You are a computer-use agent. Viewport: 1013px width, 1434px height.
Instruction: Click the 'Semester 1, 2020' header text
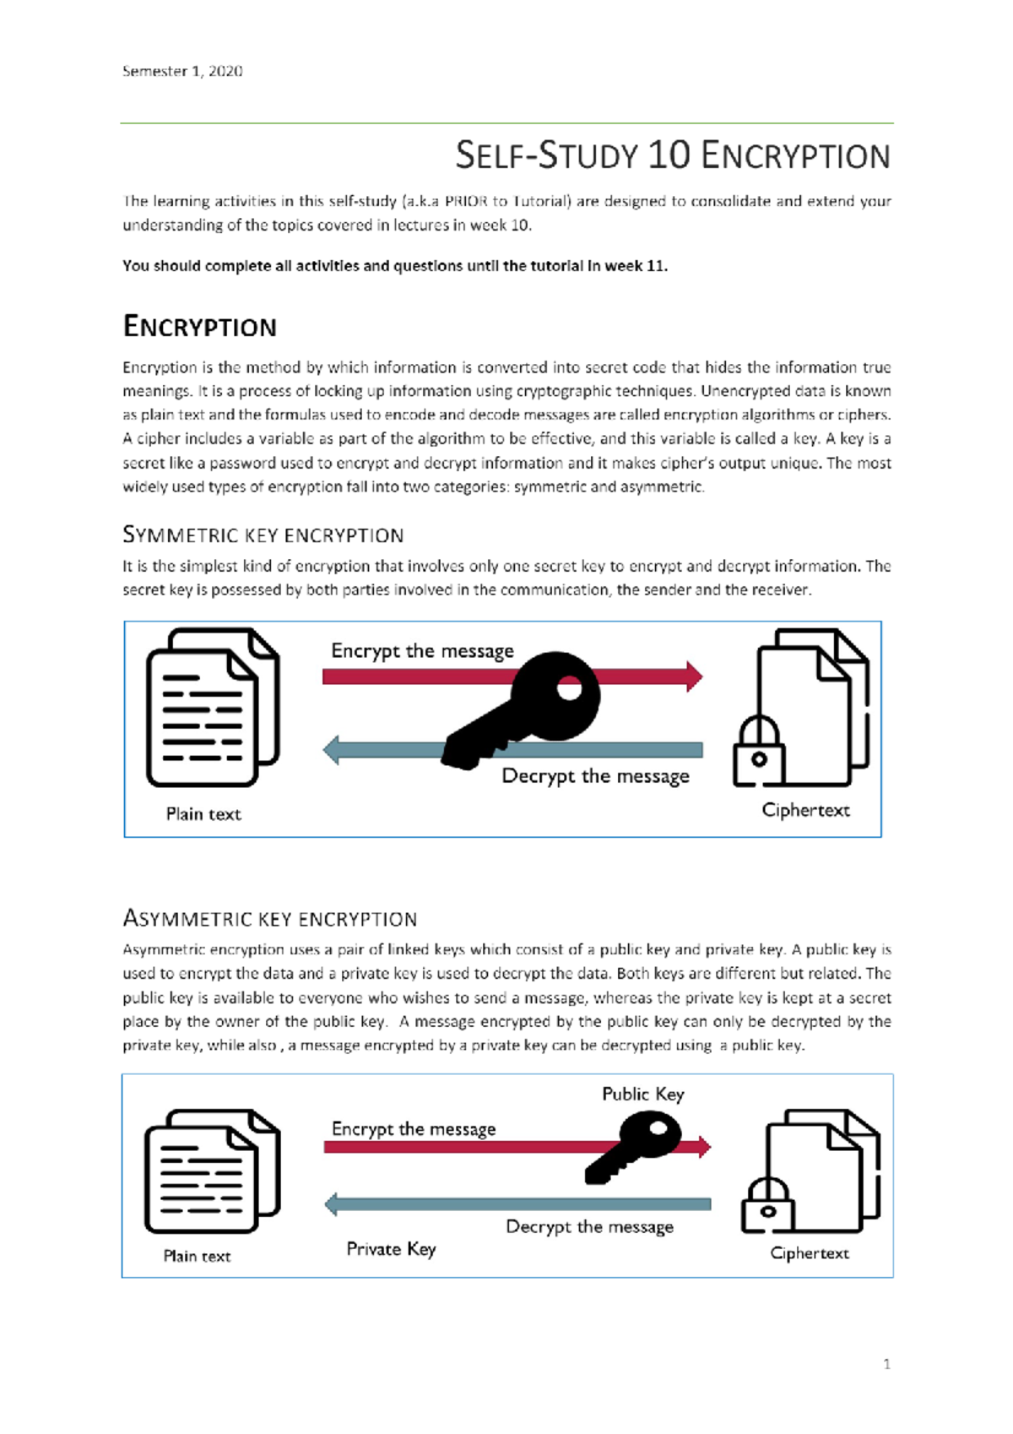click(182, 71)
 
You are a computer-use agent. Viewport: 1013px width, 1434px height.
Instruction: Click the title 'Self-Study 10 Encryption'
click(673, 156)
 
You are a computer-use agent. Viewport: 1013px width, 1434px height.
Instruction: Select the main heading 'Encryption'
click(199, 327)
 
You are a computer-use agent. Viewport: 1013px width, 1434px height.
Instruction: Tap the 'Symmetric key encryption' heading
click(263, 535)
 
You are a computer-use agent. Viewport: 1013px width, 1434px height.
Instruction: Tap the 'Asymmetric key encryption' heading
click(269, 919)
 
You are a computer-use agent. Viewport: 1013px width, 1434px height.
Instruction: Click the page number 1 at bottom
click(886, 1364)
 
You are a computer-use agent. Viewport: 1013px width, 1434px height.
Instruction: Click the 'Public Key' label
click(642, 1094)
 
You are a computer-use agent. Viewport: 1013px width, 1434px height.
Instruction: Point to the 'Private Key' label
click(391, 1249)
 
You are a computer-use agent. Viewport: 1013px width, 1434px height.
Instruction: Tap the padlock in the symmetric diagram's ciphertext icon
click(758, 752)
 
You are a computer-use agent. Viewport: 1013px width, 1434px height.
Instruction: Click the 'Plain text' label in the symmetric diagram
click(203, 814)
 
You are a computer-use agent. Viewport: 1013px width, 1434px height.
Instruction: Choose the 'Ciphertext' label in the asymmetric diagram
click(809, 1253)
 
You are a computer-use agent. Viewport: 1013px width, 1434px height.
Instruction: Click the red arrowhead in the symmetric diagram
click(694, 676)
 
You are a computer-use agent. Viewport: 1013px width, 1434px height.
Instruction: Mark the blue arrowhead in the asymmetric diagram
click(332, 1204)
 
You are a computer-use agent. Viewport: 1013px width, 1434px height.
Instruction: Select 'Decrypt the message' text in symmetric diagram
click(595, 776)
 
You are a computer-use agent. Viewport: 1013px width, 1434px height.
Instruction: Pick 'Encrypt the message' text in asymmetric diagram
click(414, 1129)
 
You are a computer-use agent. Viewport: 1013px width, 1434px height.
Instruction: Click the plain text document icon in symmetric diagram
click(212, 708)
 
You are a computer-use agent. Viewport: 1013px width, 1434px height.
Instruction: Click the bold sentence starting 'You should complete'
click(395, 266)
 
